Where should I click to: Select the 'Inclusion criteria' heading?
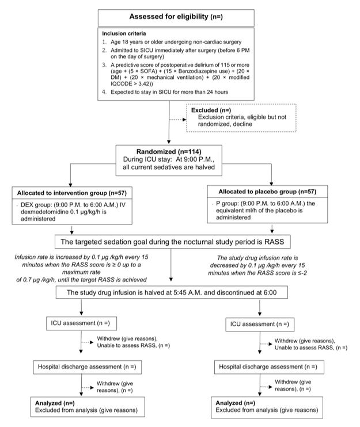coord(124,33)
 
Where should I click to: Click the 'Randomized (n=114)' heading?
coord(169,152)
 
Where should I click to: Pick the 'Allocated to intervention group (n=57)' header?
coord(72,193)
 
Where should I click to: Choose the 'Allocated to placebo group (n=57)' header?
coord(267,192)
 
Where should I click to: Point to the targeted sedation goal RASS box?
coord(172,242)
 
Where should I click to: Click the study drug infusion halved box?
coord(172,292)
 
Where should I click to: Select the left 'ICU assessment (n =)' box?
coord(81,323)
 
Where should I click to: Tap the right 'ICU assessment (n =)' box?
coord(260,325)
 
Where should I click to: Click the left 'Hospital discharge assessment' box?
coord(87,367)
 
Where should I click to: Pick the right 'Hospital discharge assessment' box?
coord(269,367)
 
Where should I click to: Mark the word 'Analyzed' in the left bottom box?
coord(48,403)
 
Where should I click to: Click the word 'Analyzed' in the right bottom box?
coord(229,403)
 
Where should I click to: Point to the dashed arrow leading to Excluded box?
coord(177,120)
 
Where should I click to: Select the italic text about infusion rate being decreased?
coord(257,265)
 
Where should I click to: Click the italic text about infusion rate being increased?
coord(81,268)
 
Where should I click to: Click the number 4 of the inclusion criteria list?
coord(104,92)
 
